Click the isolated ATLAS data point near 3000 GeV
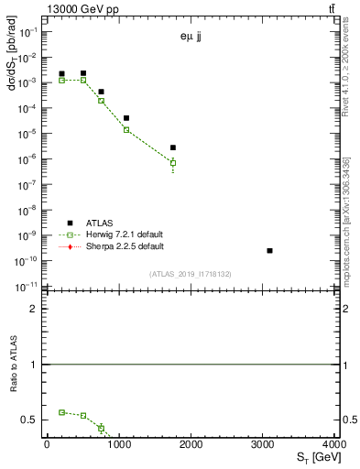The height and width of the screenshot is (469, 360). [269, 250]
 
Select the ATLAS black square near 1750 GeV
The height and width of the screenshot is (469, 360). [172, 147]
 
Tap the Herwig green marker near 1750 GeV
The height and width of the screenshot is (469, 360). [172, 163]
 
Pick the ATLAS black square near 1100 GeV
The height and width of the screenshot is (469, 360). [126, 118]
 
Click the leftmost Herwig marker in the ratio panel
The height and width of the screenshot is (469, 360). [61, 412]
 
